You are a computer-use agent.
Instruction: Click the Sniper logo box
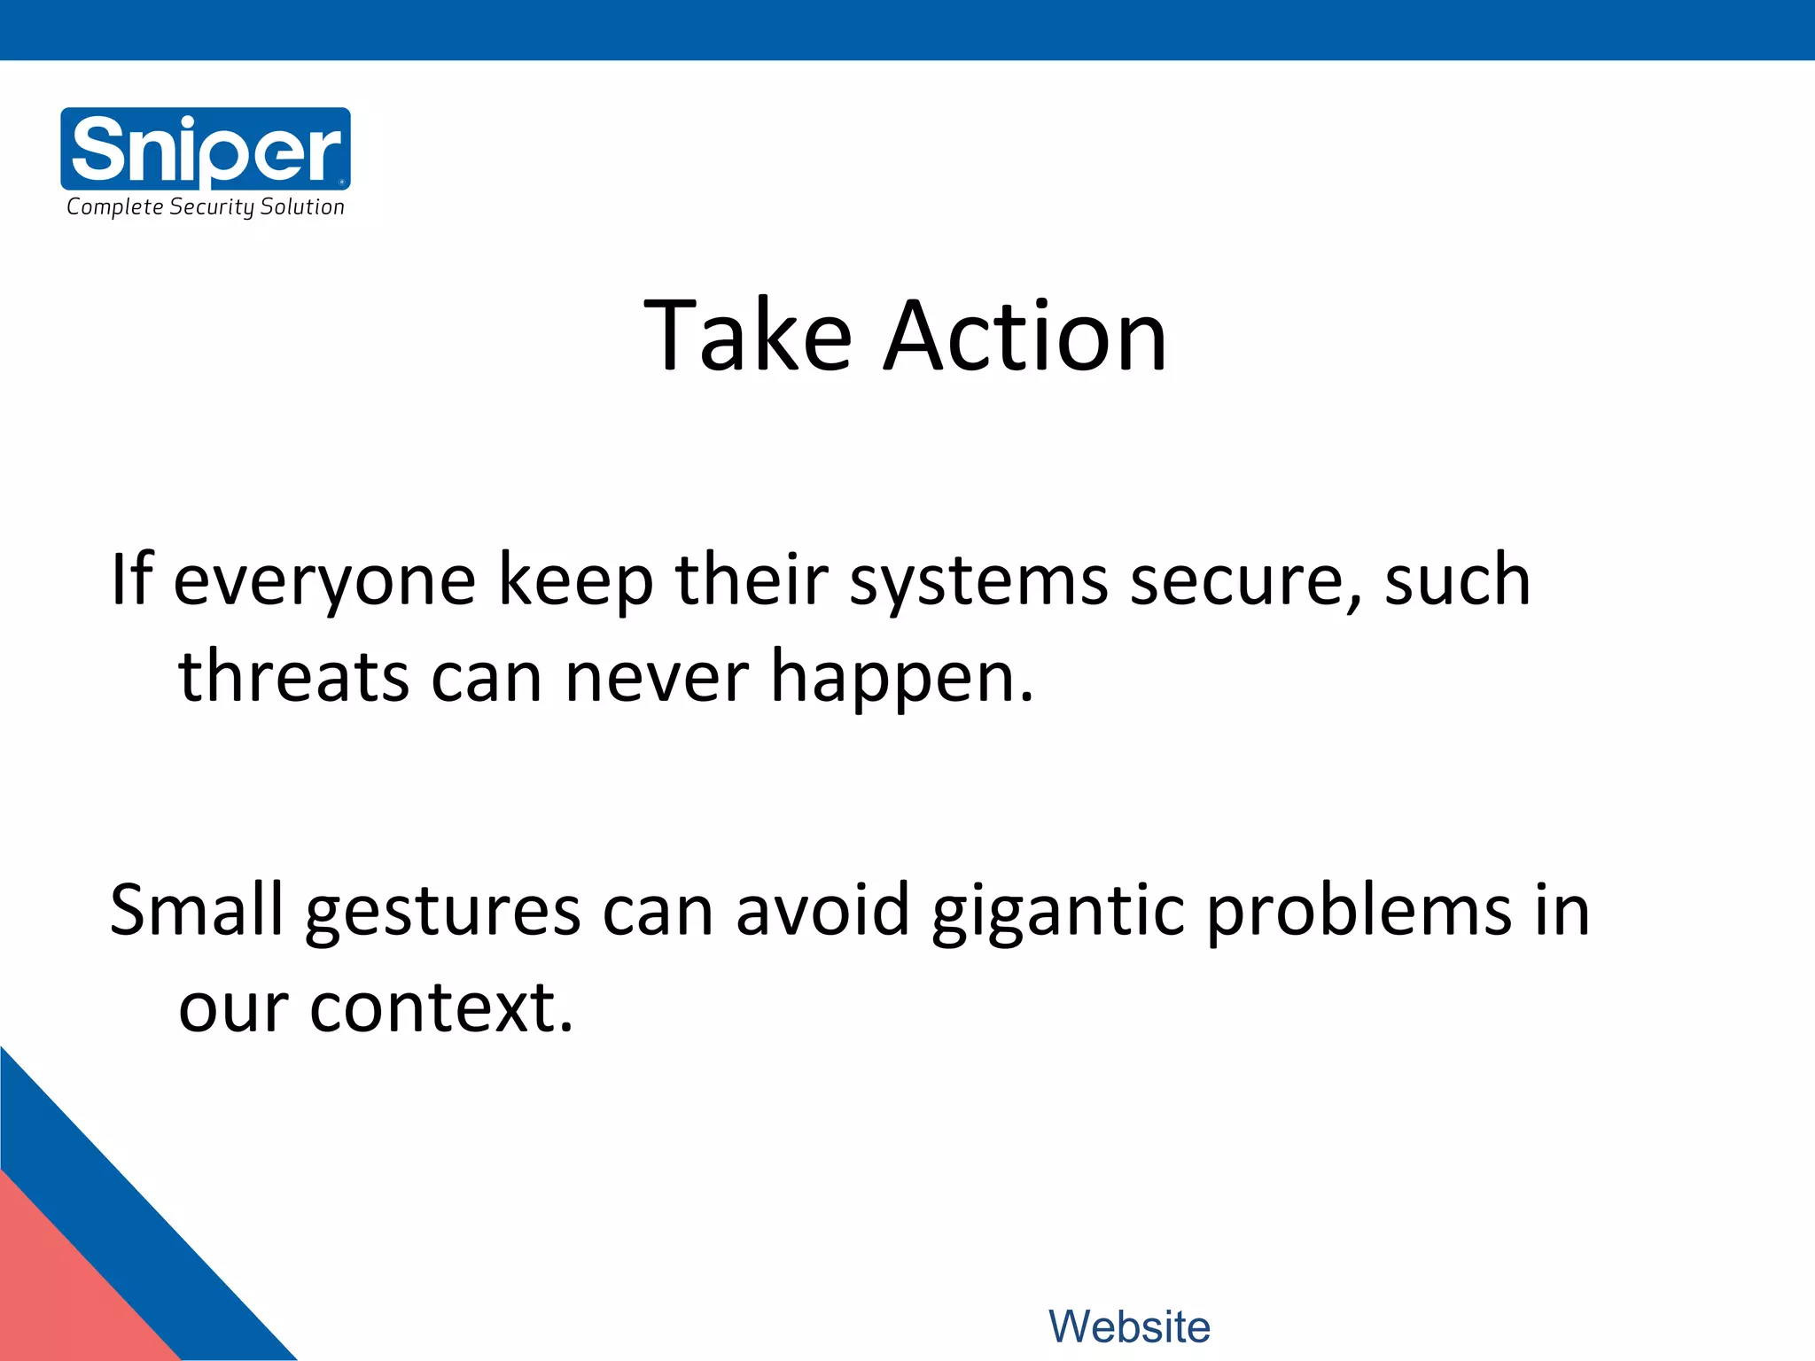coord(206,148)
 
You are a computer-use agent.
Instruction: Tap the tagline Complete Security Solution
coord(206,207)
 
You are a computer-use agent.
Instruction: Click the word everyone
coord(324,581)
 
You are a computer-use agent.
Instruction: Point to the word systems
coord(978,581)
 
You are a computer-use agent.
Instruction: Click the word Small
coord(196,910)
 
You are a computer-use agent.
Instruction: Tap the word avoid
coord(822,910)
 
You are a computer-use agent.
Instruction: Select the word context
coord(440,1008)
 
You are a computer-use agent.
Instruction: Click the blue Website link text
coord(1129,1326)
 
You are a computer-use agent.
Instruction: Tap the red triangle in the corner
coord(62,1294)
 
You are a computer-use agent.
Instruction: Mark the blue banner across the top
coord(907,29)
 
